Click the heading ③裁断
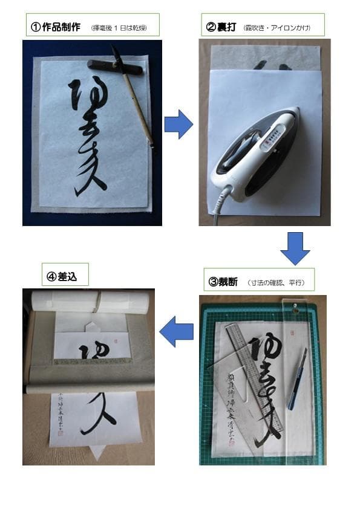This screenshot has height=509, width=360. tap(223, 281)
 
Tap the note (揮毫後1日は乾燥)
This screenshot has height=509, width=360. tap(118, 28)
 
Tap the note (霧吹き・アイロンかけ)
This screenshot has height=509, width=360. tap(277, 28)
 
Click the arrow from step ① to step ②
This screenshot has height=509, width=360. tap(178, 125)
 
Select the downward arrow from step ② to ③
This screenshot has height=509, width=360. tap(295, 248)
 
